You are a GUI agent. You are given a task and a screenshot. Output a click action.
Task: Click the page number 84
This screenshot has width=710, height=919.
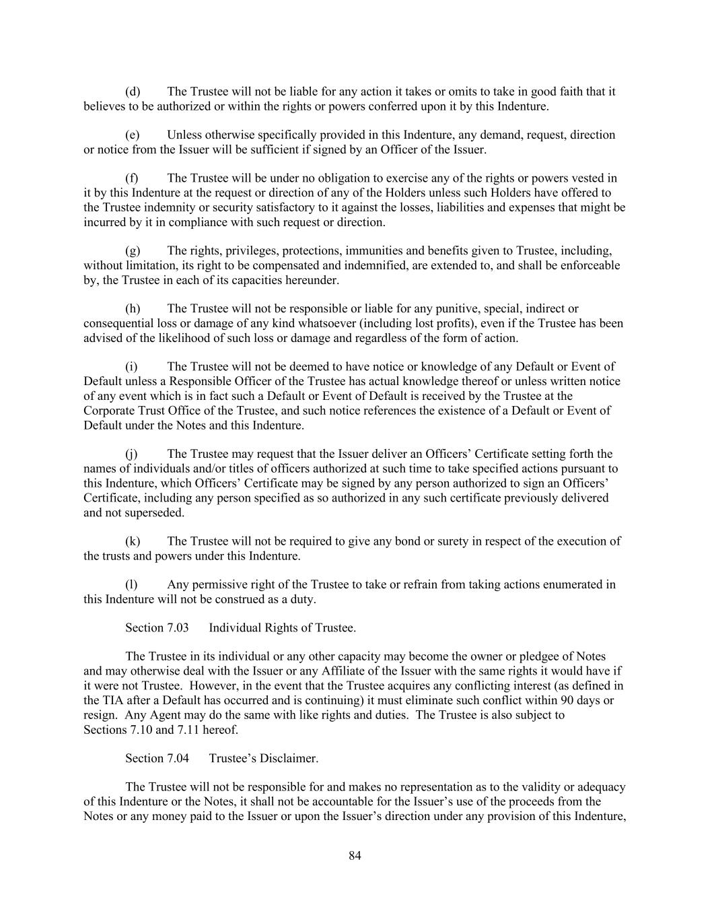coord(355,856)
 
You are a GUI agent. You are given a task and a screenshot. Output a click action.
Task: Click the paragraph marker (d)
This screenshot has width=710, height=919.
coord(133,92)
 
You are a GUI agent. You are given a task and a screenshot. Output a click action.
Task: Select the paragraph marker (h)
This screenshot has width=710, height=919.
coord(133,309)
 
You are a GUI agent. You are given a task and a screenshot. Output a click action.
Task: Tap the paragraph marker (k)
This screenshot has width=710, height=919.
coord(133,541)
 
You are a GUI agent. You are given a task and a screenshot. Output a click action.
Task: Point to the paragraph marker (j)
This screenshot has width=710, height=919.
coord(132,454)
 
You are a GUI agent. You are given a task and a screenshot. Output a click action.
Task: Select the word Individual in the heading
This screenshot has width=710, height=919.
coord(235,628)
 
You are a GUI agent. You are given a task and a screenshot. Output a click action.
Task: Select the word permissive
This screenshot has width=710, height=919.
coord(219,584)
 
